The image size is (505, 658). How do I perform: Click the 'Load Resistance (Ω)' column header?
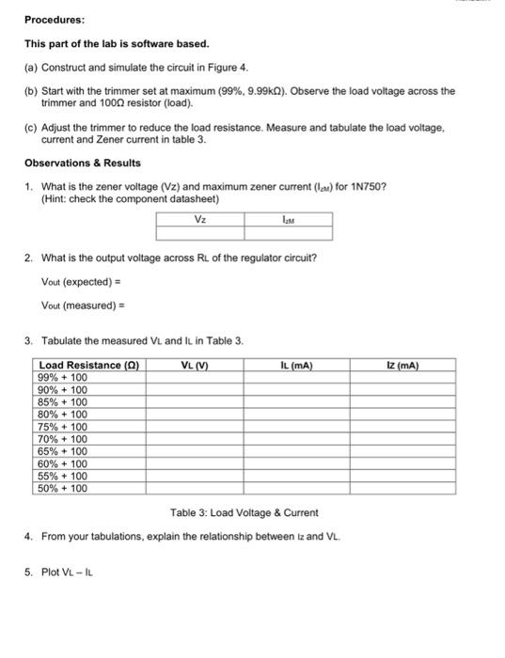coord(89,365)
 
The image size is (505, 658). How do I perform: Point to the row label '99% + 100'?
coord(62,377)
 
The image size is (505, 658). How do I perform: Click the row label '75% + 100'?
coord(62,426)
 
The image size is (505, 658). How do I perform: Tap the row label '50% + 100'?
coord(62,488)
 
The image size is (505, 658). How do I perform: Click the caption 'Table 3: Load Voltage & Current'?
coord(245,512)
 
